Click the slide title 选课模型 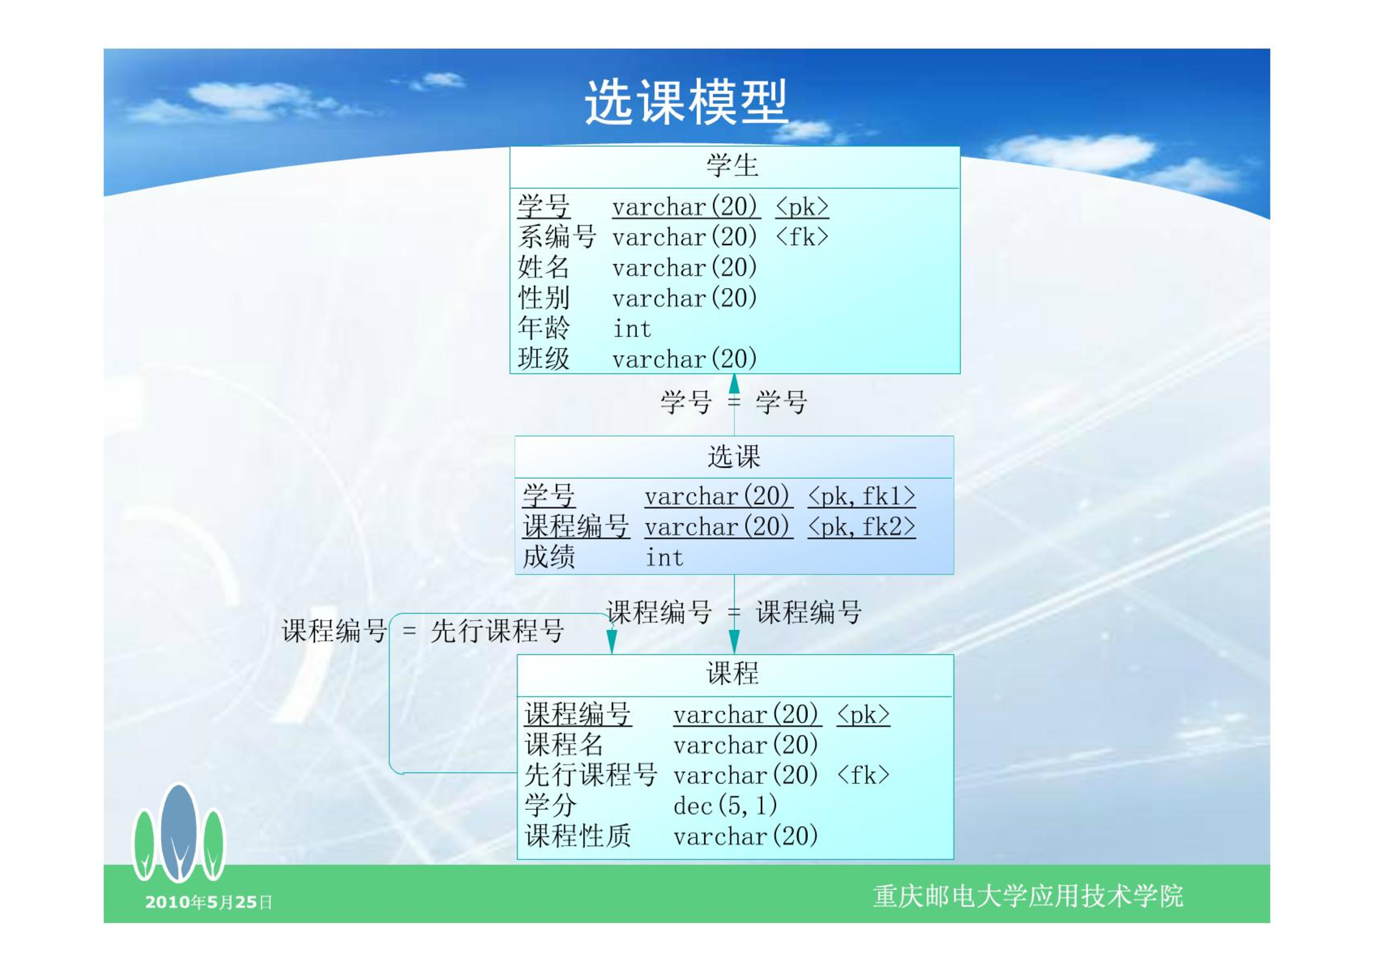tap(686, 102)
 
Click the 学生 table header tap(733, 166)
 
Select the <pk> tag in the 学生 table tap(802, 207)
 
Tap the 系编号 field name tap(556, 237)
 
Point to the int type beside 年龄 tap(632, 329)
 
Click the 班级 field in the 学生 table tap(544, 359)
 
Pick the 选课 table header tap(734, 457)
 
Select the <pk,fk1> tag tap(861, 496)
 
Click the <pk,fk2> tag tap(861, 527)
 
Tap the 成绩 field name tap(549, 557)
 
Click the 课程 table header tap(733, 674)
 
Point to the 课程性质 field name tap(578, 836)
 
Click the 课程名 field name tap(564, 745)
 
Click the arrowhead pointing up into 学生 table tap(734, 384)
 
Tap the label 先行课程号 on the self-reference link tap(497, 631)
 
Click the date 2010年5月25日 tap(209, 902)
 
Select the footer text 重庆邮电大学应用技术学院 tap(1028, 896)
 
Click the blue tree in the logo tap(179, 832)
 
